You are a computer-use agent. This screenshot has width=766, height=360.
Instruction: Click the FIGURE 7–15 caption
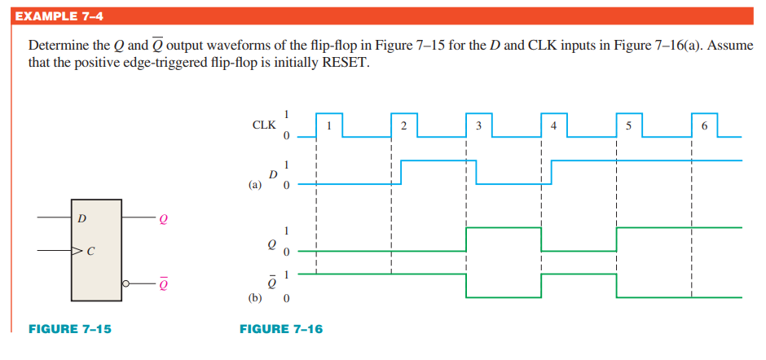[x=70, y=329]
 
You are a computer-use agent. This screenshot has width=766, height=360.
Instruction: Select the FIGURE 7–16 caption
[x=280, y=329]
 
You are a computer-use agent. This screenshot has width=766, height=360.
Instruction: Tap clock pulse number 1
[x=328, y=125]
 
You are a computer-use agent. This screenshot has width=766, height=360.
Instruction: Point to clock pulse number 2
[x=403, y=125]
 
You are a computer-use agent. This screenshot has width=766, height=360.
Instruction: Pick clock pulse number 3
[x=478, y=125]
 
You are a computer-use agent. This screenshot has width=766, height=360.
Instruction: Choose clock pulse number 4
[x=554, y=125]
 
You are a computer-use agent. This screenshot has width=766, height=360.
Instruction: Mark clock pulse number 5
[x=628, y=125]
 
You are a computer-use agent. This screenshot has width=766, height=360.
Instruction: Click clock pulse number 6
[x=704, y=125]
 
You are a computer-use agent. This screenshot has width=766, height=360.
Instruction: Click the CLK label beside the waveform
[x=264, y=125]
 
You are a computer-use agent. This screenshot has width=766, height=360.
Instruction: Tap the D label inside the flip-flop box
[x=81, y=218]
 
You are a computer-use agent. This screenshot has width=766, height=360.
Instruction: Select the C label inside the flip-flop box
[x=90, y=251]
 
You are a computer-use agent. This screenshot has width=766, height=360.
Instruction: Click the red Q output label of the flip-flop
[x=164, y=218]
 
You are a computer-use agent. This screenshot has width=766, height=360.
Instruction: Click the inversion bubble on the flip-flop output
[x=125, y=283]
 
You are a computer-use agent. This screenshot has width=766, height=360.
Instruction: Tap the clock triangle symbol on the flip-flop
[x=77, y=251]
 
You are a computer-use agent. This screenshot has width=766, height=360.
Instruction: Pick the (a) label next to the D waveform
[x=255, y=185]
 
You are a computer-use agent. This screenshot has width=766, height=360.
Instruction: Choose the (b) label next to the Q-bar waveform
[x=255, y=298]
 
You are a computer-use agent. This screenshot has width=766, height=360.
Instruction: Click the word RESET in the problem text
[x=345, y=62]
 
